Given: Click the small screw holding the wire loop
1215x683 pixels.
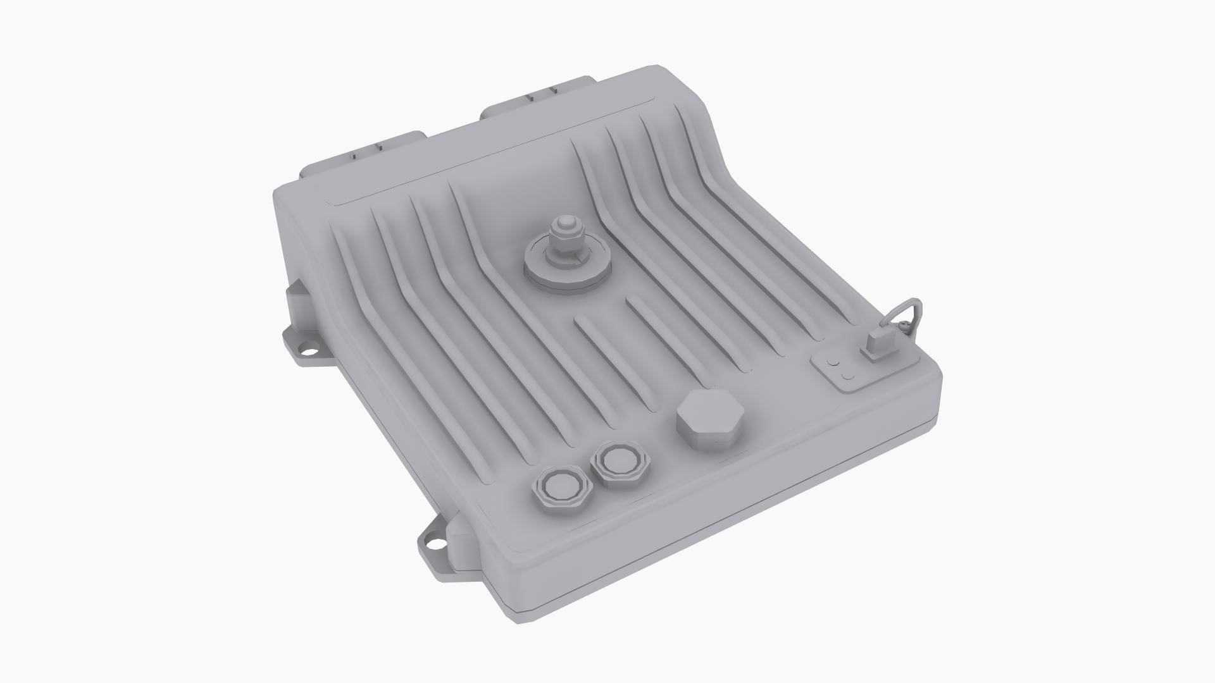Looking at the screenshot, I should [906, 326].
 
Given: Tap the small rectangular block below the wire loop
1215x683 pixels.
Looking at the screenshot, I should [880, 345].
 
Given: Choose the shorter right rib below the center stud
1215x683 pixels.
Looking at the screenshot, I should [658, 332].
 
